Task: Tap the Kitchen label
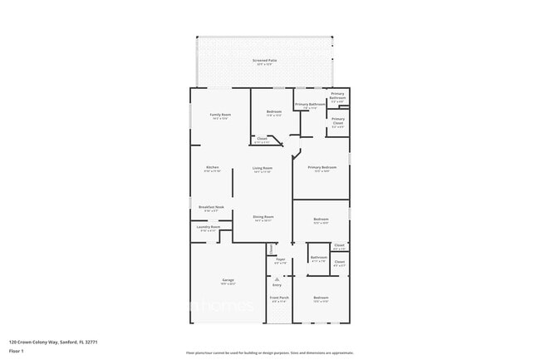click(213, 167)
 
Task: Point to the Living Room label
click(263, 168)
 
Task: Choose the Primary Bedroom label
click(322, 167)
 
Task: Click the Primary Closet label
click(338, 122)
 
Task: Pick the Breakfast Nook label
click(209, 207)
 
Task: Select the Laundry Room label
click(208, 226)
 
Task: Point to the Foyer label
click(280, 259)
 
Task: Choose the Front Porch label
click(279, 297)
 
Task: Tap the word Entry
click(277, 285)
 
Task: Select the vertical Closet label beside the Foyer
click(270, 248)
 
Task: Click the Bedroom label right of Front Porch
click(322, 297)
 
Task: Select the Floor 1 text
click(17, 351)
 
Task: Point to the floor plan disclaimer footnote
click(270, 353)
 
